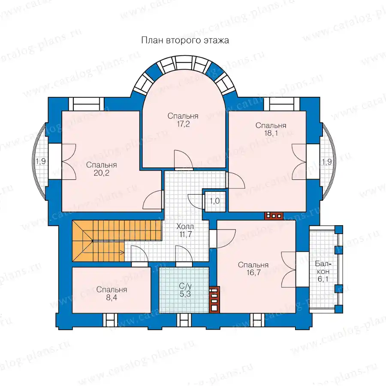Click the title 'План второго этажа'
click(x=185, y=40)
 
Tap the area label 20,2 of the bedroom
click(x=101, y=173)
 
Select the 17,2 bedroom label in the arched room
click(x=183, y=124)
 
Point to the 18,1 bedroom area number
click(x=271, y=133)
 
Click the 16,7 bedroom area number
click(x=253, y=273)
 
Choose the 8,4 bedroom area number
click(x=112, y=298)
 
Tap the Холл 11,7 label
click(x=185, y=230)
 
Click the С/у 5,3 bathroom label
click(x=185, y=290)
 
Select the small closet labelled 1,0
click(x=215, y=201)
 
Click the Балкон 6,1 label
click(x=323, y=271)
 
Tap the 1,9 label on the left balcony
click(x=41, y=162)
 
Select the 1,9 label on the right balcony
click(x=327, y=162)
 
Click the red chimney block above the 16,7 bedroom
click(x=274, y=216)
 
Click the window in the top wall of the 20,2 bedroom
click(x=86, y=104)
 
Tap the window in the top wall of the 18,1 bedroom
click(x=282, y=104)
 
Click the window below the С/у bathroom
click(x=184, y=320)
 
